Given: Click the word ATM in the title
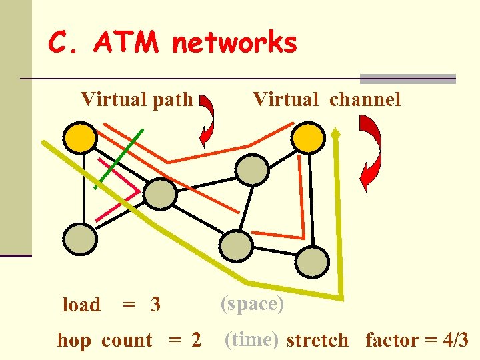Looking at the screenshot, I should (x=126, y=44).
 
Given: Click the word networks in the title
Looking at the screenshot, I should (x=234, y=44).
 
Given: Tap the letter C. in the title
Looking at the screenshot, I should (x=65, y=44).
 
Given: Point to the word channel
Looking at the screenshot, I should (x=365, y=100).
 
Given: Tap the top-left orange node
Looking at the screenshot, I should (x=81, y=137).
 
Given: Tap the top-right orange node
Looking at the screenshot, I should (x=309, y=137).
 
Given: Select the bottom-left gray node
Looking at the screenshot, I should (x=80, y=237).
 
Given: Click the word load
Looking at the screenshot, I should (x=81, y=305).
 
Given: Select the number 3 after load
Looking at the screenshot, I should (x=155, y=305).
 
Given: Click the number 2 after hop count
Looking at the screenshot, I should (x=195, y=341).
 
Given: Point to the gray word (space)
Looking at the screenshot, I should (x=253, y=304).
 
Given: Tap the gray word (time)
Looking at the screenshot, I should (x=251, y=339).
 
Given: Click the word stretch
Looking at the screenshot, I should (x=317, y=341).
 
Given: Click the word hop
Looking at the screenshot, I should (x=75, y=341).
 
